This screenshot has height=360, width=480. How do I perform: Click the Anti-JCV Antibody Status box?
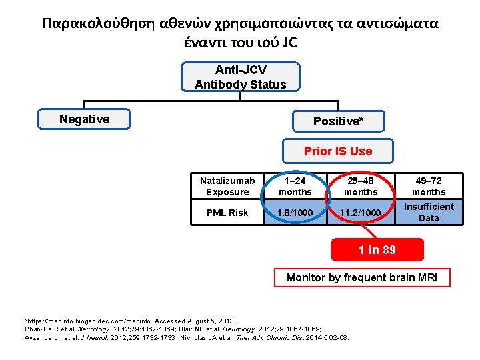tap(240, 77)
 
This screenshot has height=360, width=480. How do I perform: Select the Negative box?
tap(84, 119)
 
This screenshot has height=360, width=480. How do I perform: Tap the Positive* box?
tap(338, 121)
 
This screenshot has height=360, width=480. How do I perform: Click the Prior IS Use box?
tap(338, 151)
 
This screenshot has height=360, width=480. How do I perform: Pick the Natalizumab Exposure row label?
tap(227, 187)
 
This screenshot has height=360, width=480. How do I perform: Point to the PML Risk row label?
tap(227, 213)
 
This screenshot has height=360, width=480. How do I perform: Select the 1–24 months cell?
tap(295, 187)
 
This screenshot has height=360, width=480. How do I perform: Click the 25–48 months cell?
tap(361, 187)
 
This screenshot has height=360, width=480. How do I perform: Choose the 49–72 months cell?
tap(429, 187)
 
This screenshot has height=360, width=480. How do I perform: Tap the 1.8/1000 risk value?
tap(295, 213)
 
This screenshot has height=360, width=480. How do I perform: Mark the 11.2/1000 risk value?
tap(361, 213)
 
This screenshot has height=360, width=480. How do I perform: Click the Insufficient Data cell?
tap(429, 213)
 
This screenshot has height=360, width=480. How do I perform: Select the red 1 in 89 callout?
tap(377, 250)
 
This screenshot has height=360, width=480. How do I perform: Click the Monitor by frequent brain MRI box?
tap(362, 277)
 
